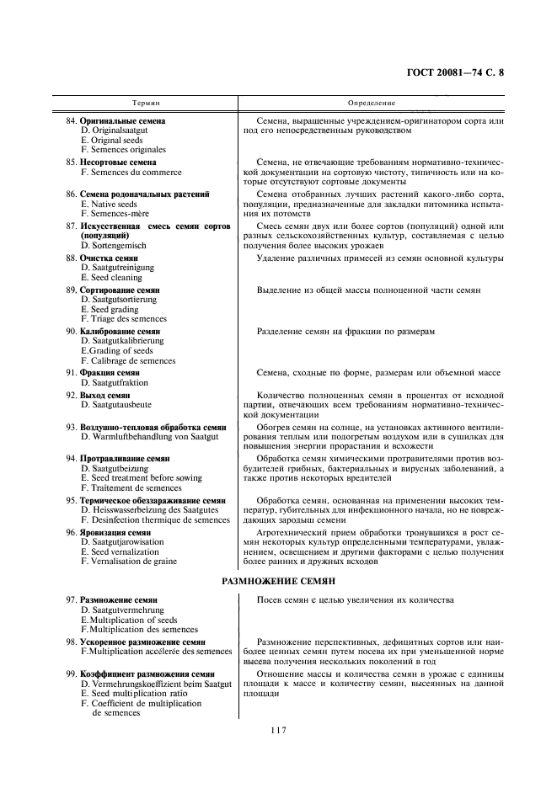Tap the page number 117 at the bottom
279,730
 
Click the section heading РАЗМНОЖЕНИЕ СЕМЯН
279,581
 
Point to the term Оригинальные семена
122,121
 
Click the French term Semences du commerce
131,172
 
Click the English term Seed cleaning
112,277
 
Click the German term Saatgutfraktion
114,382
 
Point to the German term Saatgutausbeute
115,405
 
